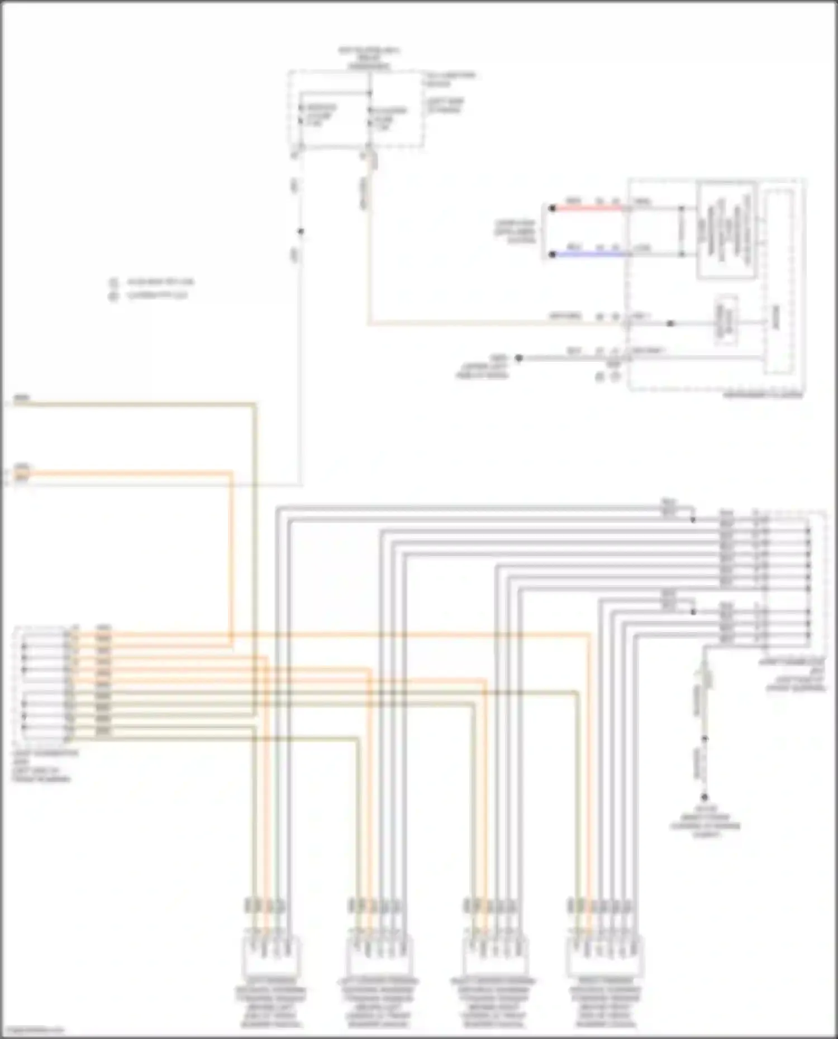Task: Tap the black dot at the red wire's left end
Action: [552, 208]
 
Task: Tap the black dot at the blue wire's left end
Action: [552, 254]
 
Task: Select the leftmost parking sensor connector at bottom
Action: [270, 956]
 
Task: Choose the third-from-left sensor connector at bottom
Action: [495, 956]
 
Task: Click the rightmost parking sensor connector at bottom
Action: [604, 956]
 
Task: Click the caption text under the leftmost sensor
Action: [270, 1003]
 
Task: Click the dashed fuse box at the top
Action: [355, 110]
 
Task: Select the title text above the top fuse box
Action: [369, 58]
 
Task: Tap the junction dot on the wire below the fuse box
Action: [301, 231]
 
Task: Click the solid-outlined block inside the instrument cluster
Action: [726, 229]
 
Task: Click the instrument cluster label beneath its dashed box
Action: [763, 395]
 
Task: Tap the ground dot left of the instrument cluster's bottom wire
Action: [518, 358]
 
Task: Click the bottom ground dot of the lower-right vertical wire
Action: [704, 797]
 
